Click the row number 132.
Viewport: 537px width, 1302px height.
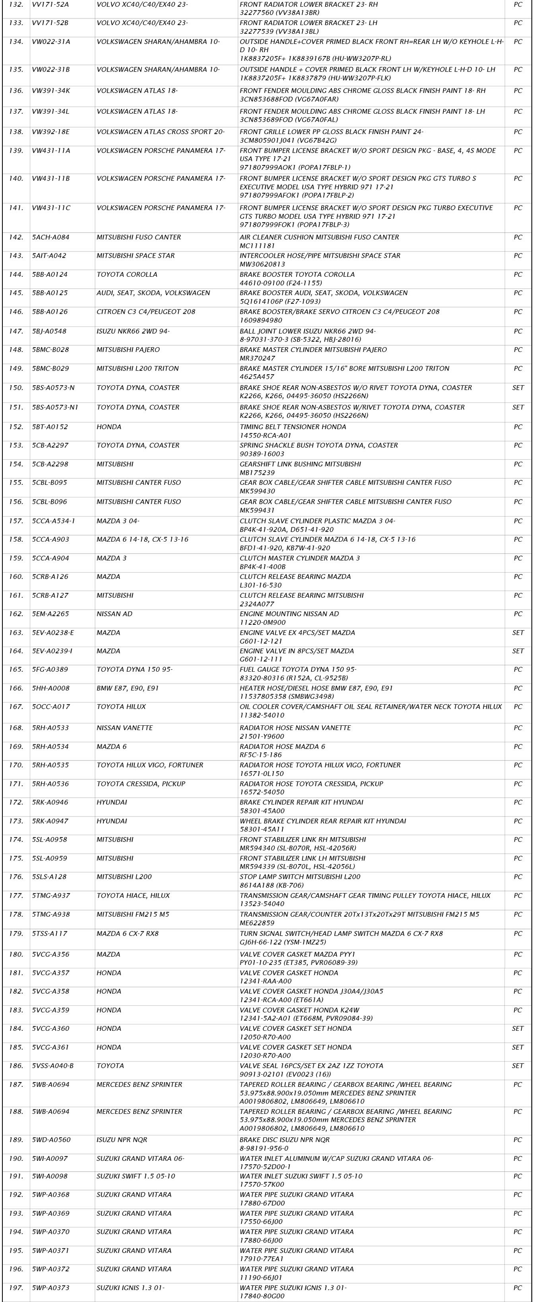tap(16, 4)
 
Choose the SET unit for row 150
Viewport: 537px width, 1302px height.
tap(518, 388)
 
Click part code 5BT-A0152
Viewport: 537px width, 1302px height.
tap(50, 427)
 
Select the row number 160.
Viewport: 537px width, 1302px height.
tap(16, 577)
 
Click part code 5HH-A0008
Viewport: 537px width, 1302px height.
tap(50, 688)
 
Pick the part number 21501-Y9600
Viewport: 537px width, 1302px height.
tap(262, 737)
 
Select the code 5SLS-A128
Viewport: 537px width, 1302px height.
tap(50, 877)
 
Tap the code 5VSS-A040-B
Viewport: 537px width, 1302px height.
tap(52, 1066)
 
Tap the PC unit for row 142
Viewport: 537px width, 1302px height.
tap(518, 237)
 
